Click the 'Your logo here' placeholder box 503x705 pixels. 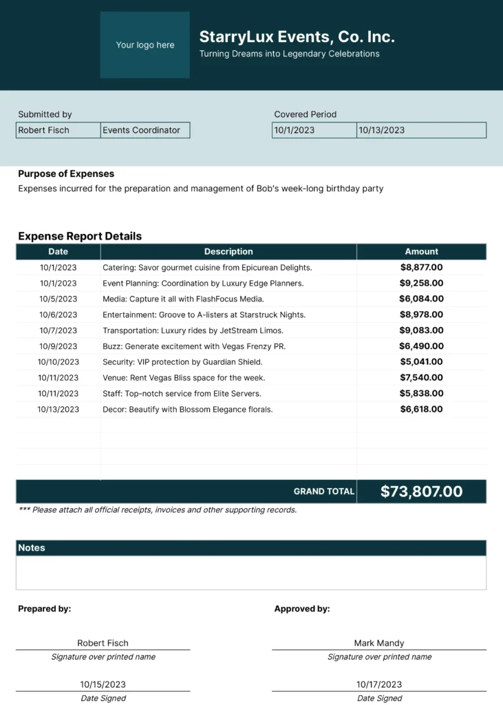click(x=145, y=45)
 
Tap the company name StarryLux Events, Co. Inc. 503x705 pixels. click(x=297, y=37)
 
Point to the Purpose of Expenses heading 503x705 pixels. click(x=66, y=174)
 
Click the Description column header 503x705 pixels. click(x=228, y=252)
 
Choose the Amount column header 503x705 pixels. click(x=421, y=252)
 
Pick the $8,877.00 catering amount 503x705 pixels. click(x=421, y=268)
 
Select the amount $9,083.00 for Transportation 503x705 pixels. click(x=421, y=330)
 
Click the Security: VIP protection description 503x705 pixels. click(x=182, y=362)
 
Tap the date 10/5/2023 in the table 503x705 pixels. click(x=58, y=299)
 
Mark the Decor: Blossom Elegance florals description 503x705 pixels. click(x=187, y=410)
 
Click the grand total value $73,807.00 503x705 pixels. click(x=421, y=492)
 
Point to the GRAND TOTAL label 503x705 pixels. click(x=324, y=492)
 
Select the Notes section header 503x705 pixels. click(x=32, y=548)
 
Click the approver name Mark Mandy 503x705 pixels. click(x=379, y=643)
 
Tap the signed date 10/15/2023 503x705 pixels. click(x=103, y=684)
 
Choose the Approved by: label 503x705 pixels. click(x=302, y=609)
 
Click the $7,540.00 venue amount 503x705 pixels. click(x=421, y=378)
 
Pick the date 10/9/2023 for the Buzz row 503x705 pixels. click(x=58, y=346)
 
